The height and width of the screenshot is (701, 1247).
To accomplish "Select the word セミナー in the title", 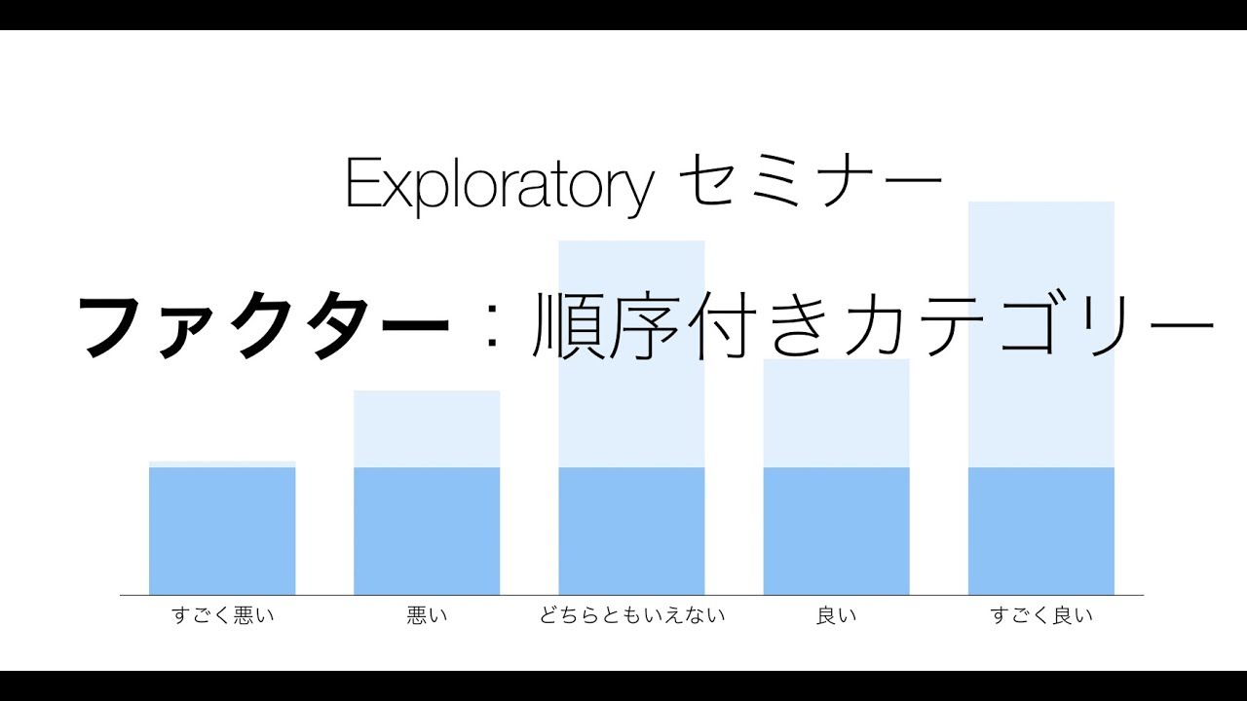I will tap(810, 183).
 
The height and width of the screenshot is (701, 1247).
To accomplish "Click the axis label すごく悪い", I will tap(222, 615).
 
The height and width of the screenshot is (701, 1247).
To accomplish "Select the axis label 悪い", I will tap(427, 615).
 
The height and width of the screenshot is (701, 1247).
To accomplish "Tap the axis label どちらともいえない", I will tap(631, 615).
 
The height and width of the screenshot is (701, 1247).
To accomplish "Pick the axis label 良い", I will tap(836, 615).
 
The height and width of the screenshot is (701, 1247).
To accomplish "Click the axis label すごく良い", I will tap(1040, 615).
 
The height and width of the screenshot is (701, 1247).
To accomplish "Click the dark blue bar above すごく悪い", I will tap(222, 531).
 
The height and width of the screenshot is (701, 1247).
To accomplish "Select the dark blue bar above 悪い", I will tap(427, 531).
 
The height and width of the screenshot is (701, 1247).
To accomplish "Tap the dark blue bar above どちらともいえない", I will tap(631, 531).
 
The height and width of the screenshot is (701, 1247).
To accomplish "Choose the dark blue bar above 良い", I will tap(836, 531).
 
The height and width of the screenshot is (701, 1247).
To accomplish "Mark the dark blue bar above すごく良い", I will tap(1040, 531).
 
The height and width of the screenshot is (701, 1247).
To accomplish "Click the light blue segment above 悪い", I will tap(427, 428).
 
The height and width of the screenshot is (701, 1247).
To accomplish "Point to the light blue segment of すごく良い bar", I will tap(1040, 409).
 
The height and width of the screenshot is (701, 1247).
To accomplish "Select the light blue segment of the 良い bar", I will tap(836, 419).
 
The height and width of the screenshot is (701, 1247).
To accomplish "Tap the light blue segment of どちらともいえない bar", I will tap(631, 409).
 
